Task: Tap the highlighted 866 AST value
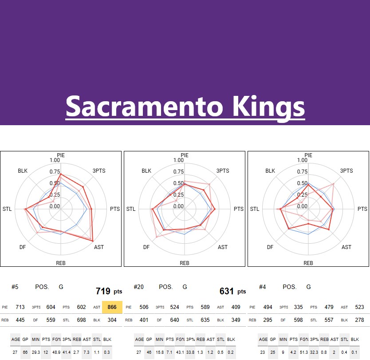click(x=112, y=307)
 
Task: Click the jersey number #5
click(x=15, y=287)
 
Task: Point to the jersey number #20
click(x=138, y=287)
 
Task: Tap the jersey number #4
click(x=262, y=287)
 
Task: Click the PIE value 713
click(x=20, y=307)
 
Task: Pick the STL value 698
click(x=88, y=320)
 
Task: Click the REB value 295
click(x=268, y=320)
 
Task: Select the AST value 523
click(x=360, y=307)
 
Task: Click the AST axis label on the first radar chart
click(x=99, y=247)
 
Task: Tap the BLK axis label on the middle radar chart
click(x=146, y=171)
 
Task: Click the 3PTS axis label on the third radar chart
click(x=346, y=171)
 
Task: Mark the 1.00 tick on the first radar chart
click(x=55, y=160)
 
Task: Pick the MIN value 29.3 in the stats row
click(x=36, y=352)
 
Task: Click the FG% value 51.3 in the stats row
click(x=303, y=352)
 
